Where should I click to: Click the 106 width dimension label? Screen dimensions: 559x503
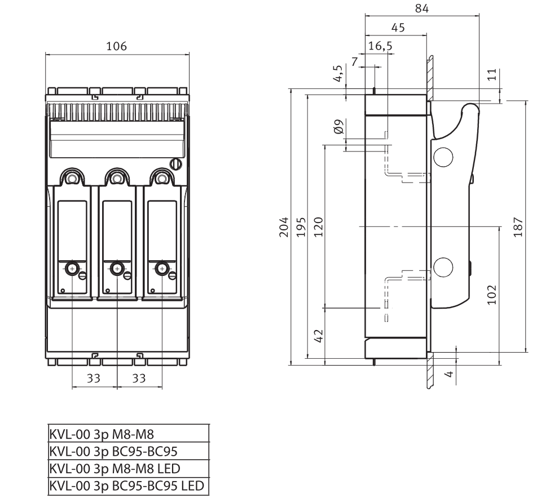117,46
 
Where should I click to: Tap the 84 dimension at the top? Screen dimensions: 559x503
422,8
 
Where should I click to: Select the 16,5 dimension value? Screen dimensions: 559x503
380,46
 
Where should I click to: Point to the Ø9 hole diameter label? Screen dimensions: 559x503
339,127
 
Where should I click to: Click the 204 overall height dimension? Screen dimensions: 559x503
284,227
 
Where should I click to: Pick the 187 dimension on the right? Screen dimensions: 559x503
518,227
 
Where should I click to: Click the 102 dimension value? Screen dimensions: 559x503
492,295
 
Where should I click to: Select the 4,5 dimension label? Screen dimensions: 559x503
338,73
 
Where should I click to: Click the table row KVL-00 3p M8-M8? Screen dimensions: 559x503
102,434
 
